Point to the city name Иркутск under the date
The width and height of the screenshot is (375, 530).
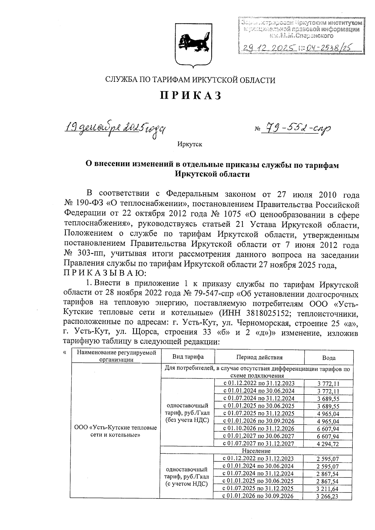pos(189,144)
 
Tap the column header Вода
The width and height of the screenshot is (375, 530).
pos(329,358)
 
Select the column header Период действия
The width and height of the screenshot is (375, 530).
pos(259,357)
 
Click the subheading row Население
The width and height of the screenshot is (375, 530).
pos(256,451)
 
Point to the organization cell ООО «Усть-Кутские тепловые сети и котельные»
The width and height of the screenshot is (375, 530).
pos(116,431)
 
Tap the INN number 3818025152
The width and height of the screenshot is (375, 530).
pos(269,313)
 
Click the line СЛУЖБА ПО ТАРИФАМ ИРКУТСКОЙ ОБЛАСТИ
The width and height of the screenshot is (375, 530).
pos(190,80)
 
